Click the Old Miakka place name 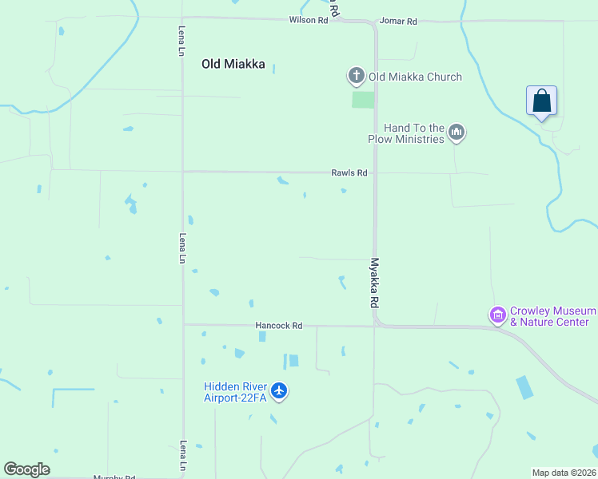[233, 65]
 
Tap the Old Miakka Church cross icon [356, 77]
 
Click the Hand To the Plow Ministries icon [456, 132]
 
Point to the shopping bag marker [541, 101]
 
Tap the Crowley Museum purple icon [498, 315]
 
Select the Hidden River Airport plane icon [278, 390]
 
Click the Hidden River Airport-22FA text [236, 391]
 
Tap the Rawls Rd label [349, 172]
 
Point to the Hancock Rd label [279, 326]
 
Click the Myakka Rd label [373, 283]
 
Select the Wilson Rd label [309, 21]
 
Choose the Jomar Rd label [398, 22]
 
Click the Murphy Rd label [114, 477]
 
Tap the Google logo [26, 469]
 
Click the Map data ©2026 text [563, 473]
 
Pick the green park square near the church [363, 100]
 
